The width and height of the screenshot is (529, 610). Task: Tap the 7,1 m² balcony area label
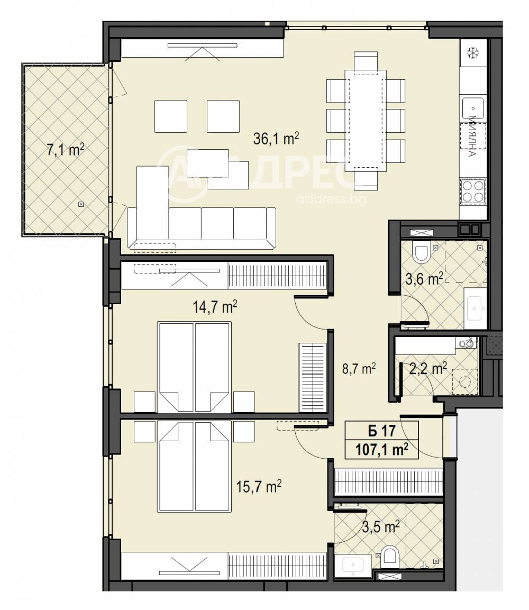coord(66,150)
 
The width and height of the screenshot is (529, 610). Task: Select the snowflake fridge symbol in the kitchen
coord(472,52)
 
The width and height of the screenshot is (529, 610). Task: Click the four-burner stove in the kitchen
coord(473,192)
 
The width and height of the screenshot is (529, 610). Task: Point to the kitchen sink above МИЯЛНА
coord(473,108)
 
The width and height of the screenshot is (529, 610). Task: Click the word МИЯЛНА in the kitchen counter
coord(472,138)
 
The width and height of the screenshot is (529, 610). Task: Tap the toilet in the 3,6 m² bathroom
coord(422,254)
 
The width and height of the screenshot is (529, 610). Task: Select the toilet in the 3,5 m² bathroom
coord(390,556)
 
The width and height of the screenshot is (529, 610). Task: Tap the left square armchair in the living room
coord(170,116)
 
